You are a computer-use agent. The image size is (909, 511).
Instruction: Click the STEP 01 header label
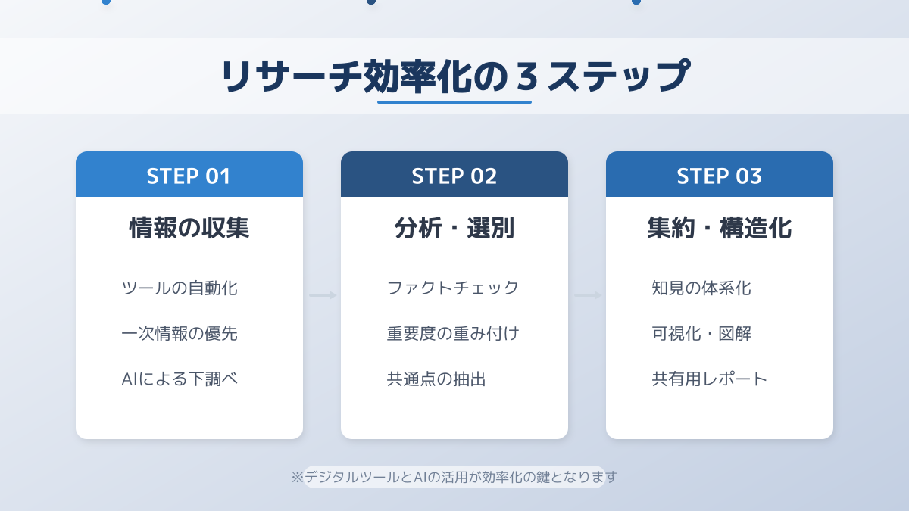click(189, 176)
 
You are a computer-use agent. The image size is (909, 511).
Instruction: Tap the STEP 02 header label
click(454, 176)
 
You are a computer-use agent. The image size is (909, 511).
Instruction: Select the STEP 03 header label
click(719, 176)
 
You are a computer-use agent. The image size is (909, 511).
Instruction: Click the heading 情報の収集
click(189, 228)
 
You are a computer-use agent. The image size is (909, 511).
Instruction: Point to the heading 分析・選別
click(454, 228)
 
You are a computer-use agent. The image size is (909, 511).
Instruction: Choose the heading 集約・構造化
click(719, 228)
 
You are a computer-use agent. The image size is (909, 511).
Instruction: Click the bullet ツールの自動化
click(180, 288)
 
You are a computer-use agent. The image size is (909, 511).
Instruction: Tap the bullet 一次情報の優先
click(180, 333)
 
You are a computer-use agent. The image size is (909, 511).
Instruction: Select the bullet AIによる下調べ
click(180, 379)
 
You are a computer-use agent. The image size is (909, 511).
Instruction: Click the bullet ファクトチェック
click(453, 288)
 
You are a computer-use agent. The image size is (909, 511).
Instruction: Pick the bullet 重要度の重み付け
click(453, 333)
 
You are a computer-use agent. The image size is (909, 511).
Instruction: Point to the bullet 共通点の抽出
click(436, 379)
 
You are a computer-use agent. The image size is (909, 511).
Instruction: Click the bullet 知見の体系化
click(701, 288)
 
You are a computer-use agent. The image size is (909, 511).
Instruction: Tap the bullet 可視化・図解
click(701, 333)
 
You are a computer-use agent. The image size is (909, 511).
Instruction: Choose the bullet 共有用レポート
click(709, 379)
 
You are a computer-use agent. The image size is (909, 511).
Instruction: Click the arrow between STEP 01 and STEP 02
click(323, 295)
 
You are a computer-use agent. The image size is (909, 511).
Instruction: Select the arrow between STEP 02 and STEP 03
click(588, 295)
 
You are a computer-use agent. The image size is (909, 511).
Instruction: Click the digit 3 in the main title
click(527, 76)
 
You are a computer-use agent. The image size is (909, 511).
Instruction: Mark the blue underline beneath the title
click(454, 102)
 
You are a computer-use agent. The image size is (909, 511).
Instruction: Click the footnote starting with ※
click(454, 477)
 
